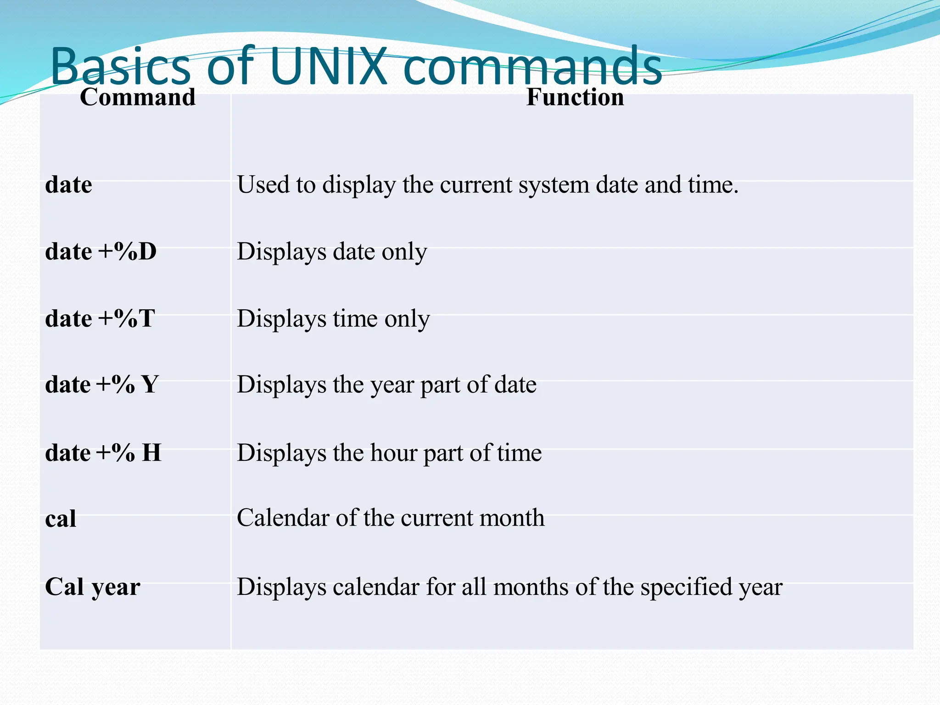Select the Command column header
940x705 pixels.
(x=138, y=97)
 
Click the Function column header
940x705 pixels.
(x=575, y=97)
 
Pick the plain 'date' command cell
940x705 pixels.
(x=69, y=185)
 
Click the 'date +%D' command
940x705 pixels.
(x=101, y=252)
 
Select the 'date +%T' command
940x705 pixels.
(x=100, y=319)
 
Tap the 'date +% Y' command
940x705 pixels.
(x=102, y=385)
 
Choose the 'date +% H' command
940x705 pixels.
(x=103, y=453)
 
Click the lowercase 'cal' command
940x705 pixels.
(x=61, y=519)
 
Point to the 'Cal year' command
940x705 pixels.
(x=93, y=587)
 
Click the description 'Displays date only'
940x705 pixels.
(x=332, y=252)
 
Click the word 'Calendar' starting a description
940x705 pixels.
(x=283, y=518)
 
